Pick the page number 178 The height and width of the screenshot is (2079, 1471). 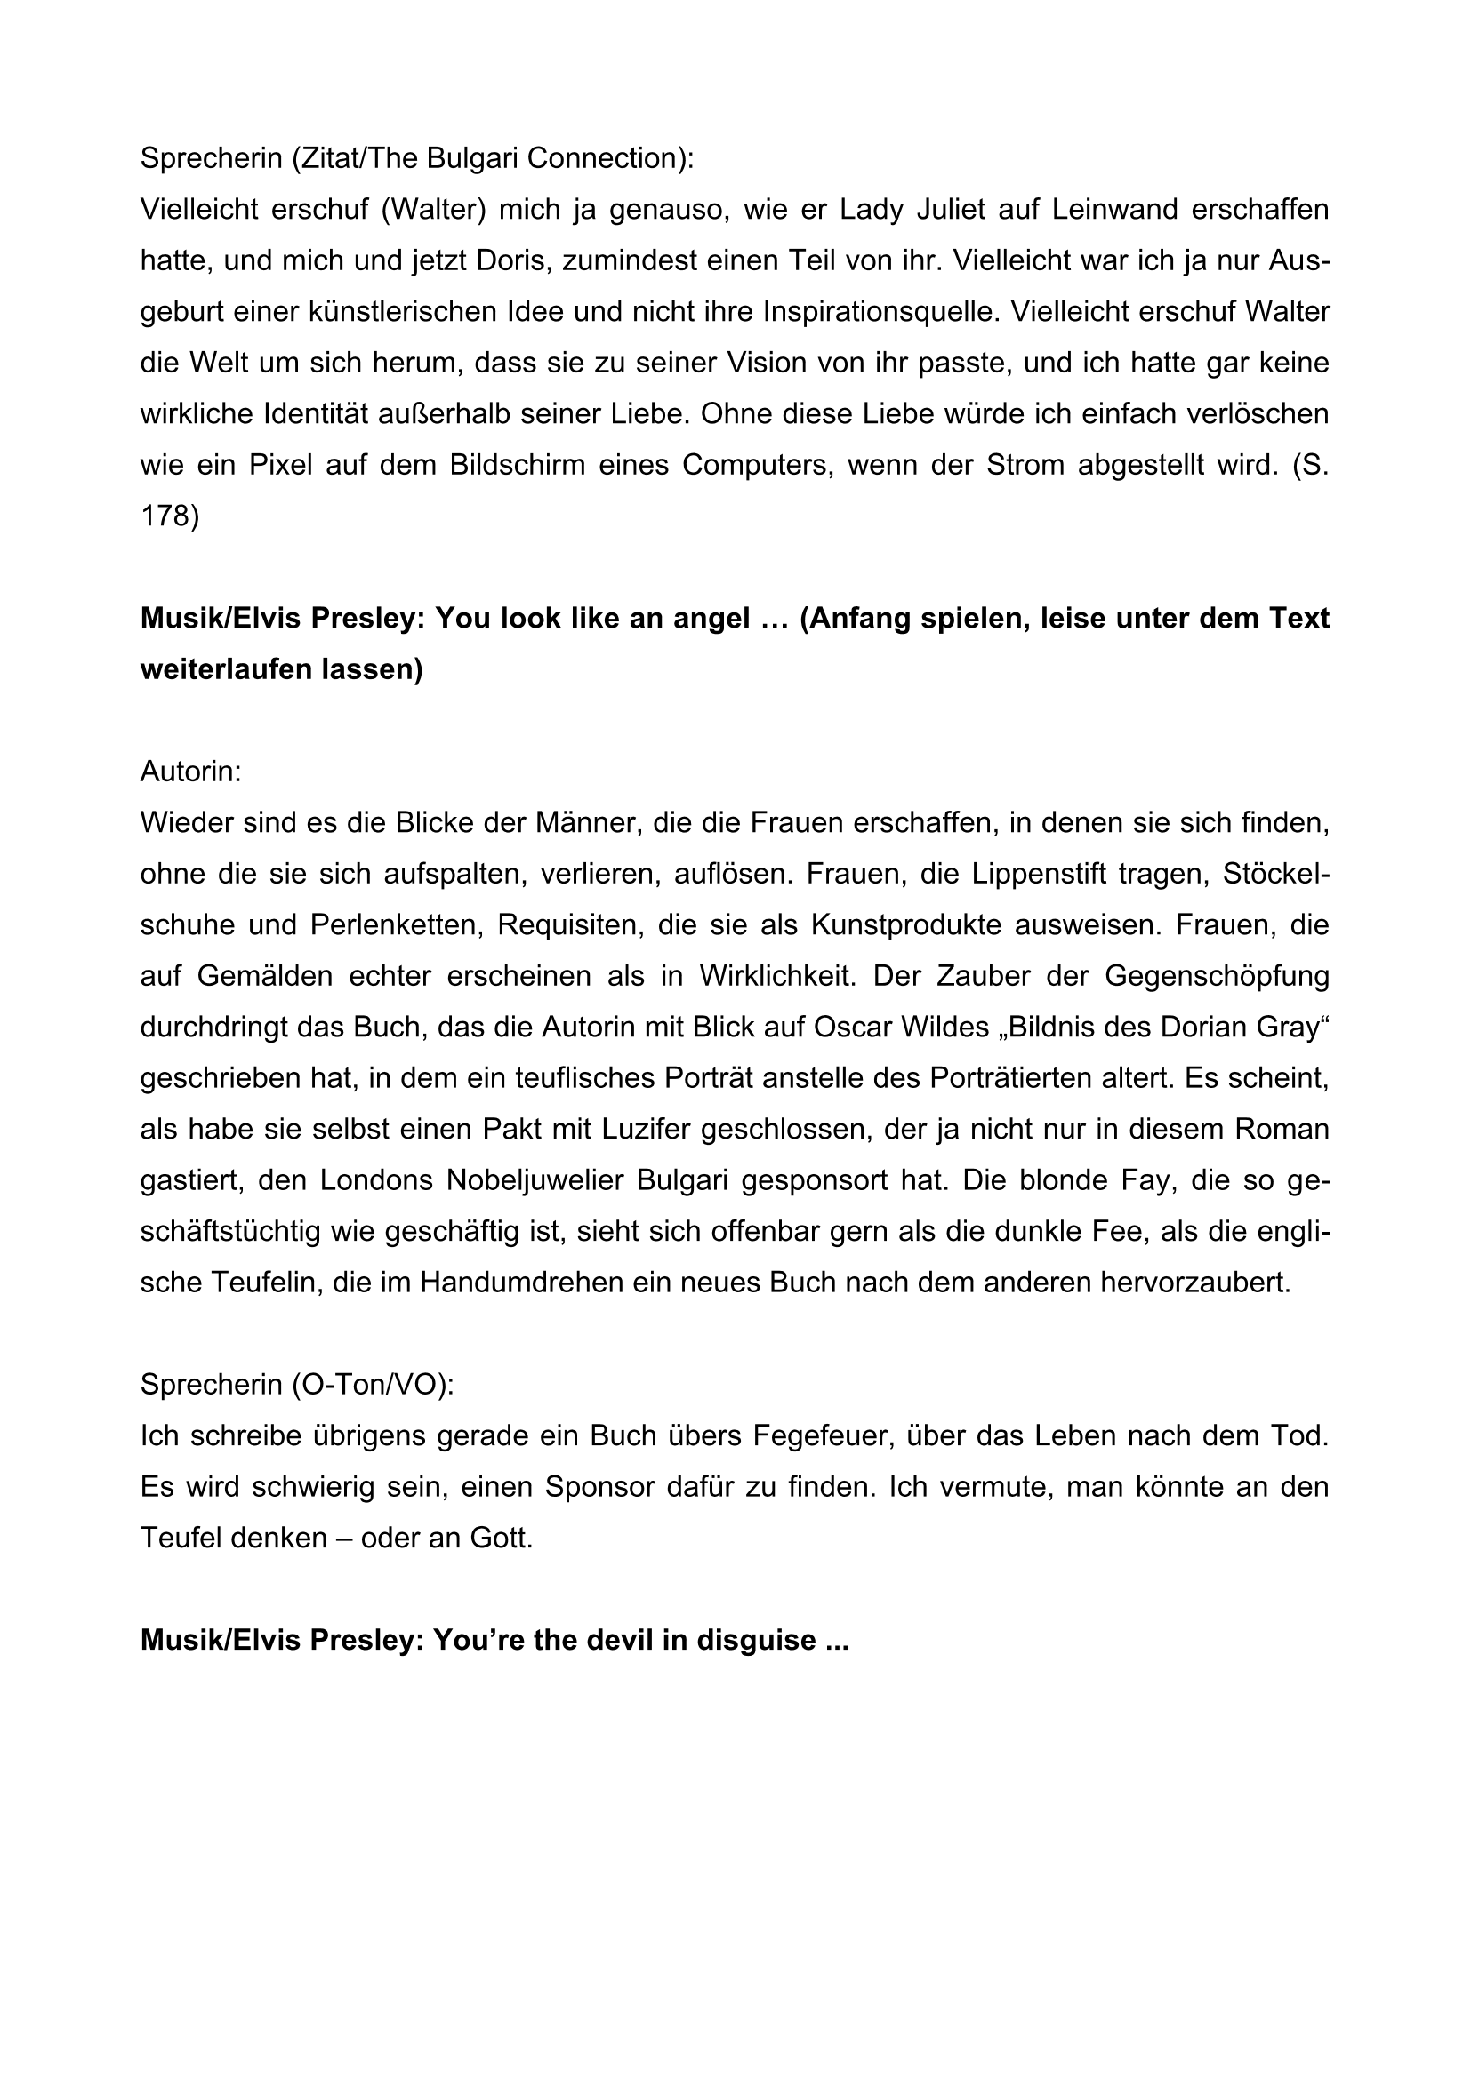click(169, 516)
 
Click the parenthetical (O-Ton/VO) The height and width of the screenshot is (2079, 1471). click(373, 1386)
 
